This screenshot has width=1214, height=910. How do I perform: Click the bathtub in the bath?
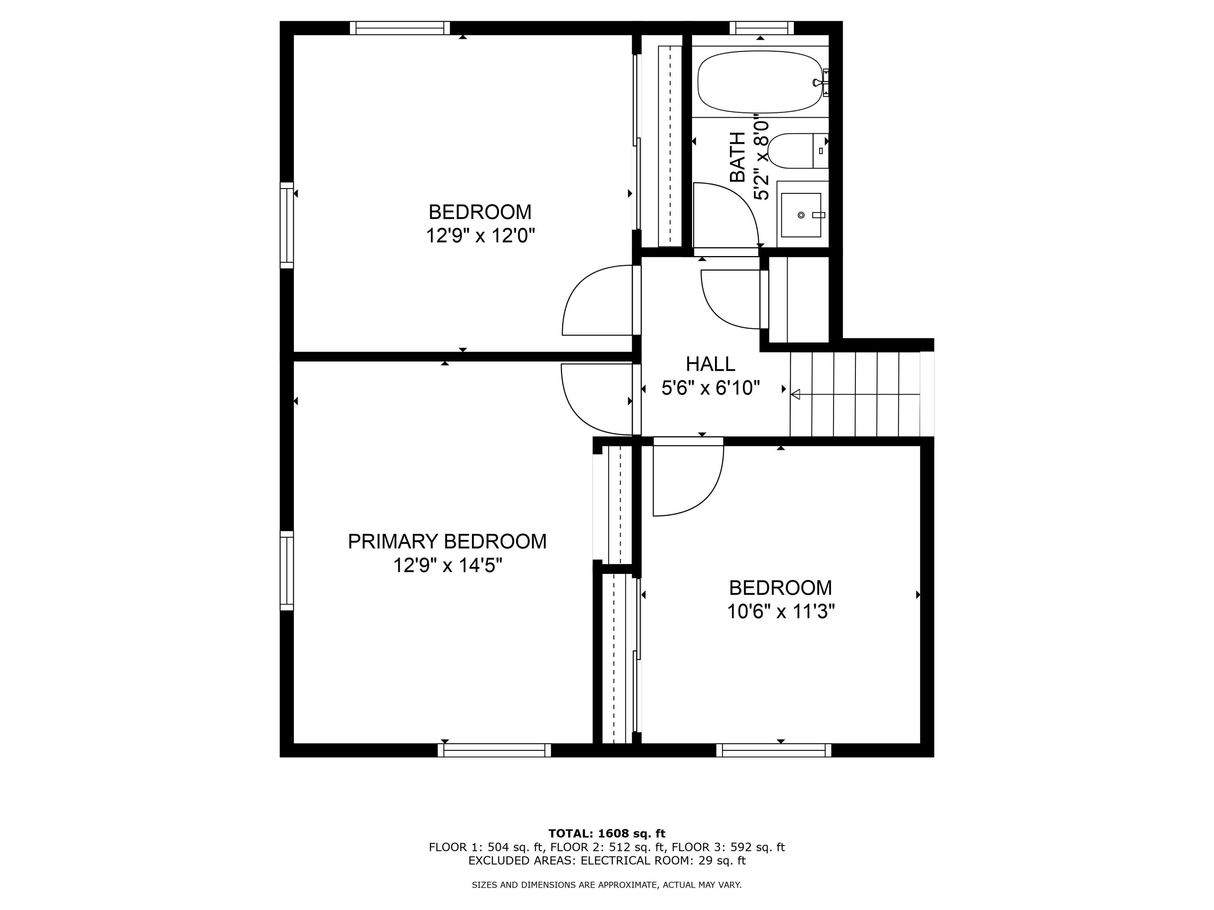click(760, 82)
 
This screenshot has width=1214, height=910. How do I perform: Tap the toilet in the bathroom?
click(798, 150)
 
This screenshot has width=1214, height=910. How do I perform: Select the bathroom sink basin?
click(801, 215)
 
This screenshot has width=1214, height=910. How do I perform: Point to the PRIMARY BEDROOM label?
click(447, 542)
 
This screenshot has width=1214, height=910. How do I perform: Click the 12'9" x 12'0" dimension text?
click(480, 236)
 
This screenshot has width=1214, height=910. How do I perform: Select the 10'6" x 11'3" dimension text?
click(781, 611)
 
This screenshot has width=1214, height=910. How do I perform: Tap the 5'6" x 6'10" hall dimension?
click(710, 388)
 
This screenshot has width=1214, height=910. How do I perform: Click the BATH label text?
click(738, 157)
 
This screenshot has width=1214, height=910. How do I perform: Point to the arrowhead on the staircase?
click(795, 394)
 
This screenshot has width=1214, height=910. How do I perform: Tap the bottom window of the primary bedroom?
click(495, 750)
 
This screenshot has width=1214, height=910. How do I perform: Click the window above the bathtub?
click(762, 28)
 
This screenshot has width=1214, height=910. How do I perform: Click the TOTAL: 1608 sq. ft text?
click(607, 834)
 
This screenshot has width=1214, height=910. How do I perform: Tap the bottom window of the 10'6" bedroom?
click(774, 750)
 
